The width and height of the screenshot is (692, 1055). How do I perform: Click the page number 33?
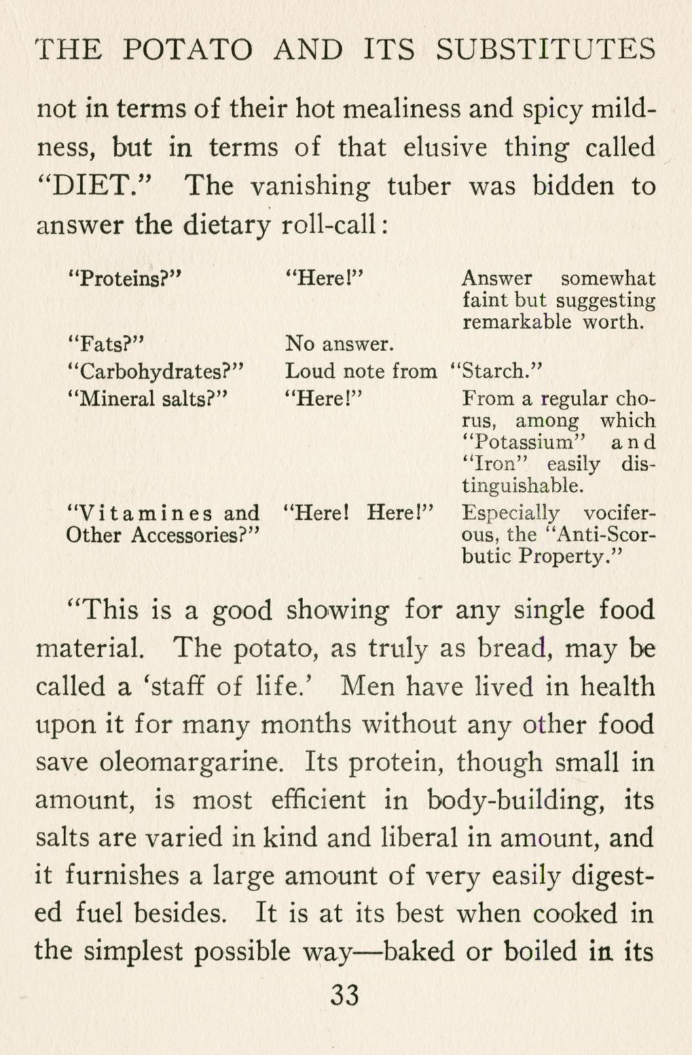(345, 995)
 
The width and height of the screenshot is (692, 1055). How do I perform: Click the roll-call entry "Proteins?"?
(124, 278)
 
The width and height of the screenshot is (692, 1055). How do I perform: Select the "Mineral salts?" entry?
(147, 398)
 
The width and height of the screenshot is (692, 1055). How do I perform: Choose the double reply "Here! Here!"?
(359, 512)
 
